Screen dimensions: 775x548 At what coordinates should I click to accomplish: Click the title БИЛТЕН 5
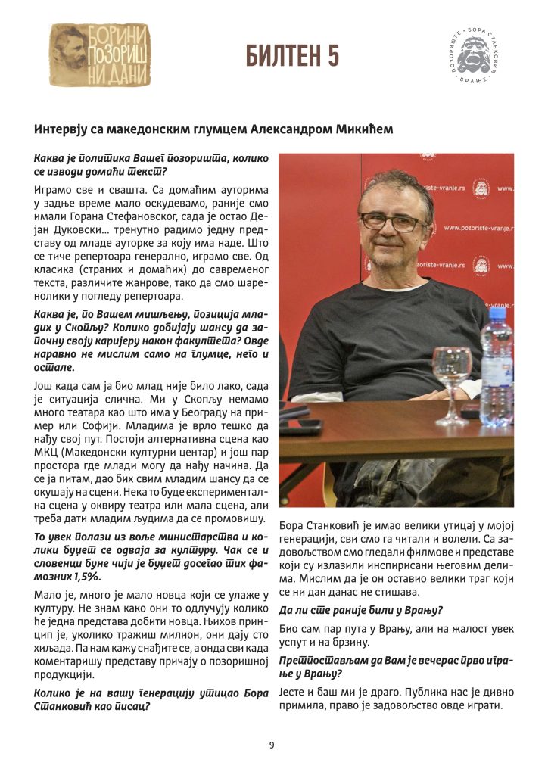click(292, 55)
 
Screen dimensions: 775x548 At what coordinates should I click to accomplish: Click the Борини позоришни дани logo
click(99, 55)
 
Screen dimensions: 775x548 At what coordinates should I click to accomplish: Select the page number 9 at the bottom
click(272, 745)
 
